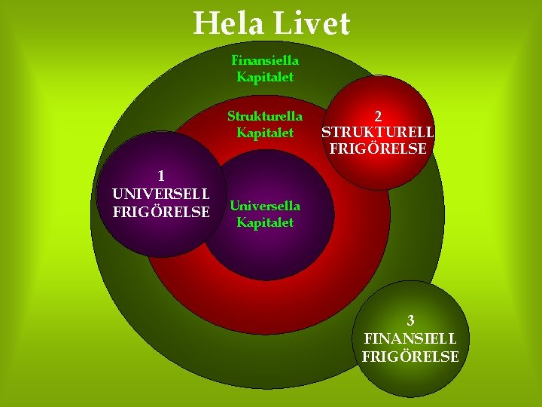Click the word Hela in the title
[x=228, y=23]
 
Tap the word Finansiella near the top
[x=265, y=60]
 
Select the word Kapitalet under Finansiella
[x=265, y=76]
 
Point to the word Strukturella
[x=265, y=116]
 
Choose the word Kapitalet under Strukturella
[x=265, y=133]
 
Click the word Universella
[x=265, y=206]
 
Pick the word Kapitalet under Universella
[x=265, y=222]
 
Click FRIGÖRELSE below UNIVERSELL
[x=160, y=211]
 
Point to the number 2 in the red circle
[x=378, y=115]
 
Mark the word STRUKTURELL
[x=378, y=132]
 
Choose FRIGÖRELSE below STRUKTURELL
[x=378, y=148]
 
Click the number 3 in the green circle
[x=410, y=320]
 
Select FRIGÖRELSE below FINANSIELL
[x=410, y=357]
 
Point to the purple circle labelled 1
[x=143, y=234]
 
